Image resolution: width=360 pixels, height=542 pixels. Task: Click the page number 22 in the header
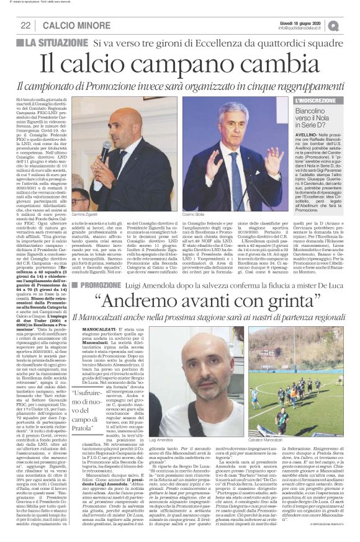(26, 25)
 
